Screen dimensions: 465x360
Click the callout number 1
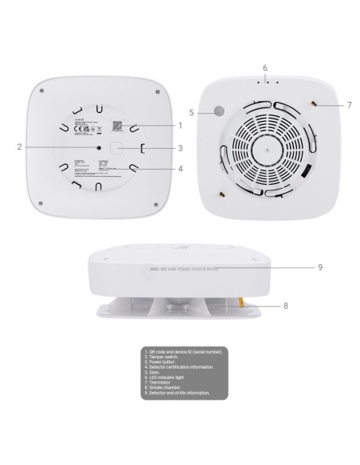(180, 125)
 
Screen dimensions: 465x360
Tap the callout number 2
(19, 147)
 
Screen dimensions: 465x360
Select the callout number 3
(180, 147)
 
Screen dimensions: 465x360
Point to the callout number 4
(180, 169)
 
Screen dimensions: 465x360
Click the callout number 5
(191, 112)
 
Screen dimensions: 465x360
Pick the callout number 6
(265, 68)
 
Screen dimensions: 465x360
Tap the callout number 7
(350, 104)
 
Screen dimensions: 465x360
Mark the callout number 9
(319, 267)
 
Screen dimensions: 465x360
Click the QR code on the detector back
(117, 126)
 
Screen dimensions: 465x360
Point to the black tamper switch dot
(99, 147)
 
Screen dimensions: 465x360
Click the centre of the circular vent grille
(266, 147)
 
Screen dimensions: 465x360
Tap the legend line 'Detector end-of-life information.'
(176, 393)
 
